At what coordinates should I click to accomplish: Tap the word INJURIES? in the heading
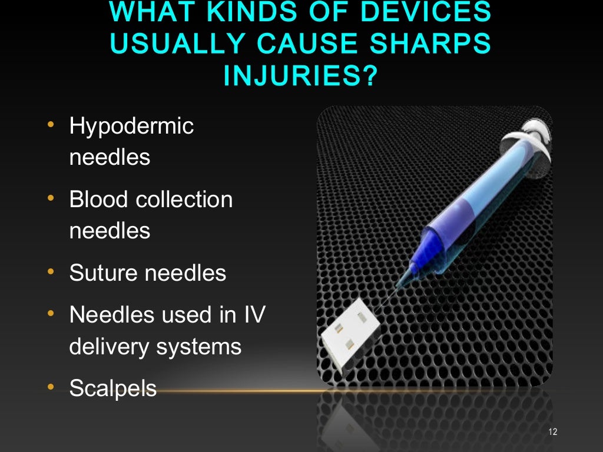(300, 77)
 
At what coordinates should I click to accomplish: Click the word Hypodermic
(131, 127)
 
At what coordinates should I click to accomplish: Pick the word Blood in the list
(98, 200)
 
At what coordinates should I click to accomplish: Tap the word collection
(184, 200)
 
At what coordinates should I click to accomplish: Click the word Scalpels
(113, 388)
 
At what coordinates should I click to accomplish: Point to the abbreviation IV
(253, 315)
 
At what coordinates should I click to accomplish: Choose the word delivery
(109, 347)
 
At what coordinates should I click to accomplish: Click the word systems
(199, 348)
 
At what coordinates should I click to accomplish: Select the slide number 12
(552, 433)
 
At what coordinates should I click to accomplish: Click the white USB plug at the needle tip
(349, 335)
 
